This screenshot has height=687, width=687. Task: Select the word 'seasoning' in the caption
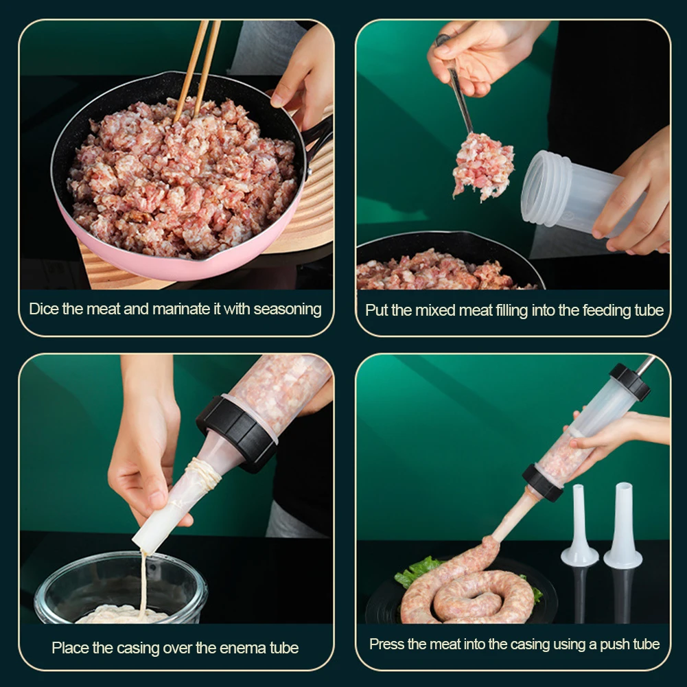(287, 309)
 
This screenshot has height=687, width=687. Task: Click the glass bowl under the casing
(120, 590)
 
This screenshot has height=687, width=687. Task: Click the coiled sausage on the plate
(467, 590)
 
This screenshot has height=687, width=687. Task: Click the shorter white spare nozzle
(579, 528)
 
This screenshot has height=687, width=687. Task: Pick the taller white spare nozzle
(622, 525)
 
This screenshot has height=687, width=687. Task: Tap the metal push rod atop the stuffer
(645, 365)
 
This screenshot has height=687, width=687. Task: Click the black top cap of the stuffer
(629, 382)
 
